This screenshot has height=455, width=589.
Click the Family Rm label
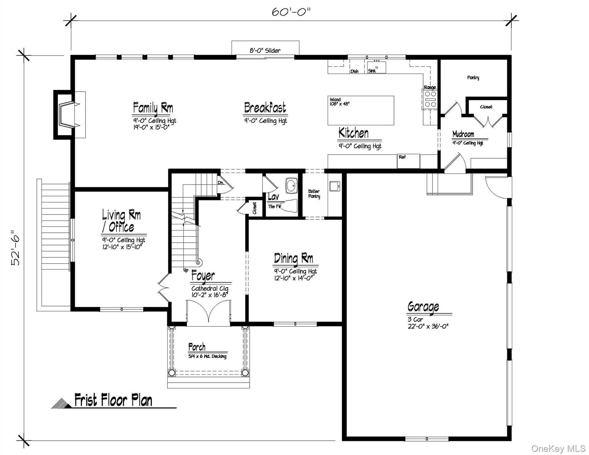click(153, 108)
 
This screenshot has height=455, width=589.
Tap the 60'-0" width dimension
click(291, 12)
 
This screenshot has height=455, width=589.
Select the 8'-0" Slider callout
click(265, 51)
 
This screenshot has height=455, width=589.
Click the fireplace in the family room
click(67, 114)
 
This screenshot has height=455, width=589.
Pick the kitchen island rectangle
click(361, 110)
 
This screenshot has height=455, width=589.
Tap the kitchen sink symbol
click(377, 67)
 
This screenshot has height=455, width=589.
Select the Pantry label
click(473, 78)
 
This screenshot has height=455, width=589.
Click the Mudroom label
click(463, 134)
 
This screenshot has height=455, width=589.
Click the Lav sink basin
click(292, 186)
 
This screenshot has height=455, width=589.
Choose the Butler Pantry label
click(314, 194)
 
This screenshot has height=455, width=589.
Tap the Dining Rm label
click(293, 258)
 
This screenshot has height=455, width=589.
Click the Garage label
click(423, 307)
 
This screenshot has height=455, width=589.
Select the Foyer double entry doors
click(209, 312)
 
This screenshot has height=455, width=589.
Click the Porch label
click(197, 347)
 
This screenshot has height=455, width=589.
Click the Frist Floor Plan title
click(113, 400)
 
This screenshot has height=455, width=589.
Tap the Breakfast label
click(265, 108)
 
